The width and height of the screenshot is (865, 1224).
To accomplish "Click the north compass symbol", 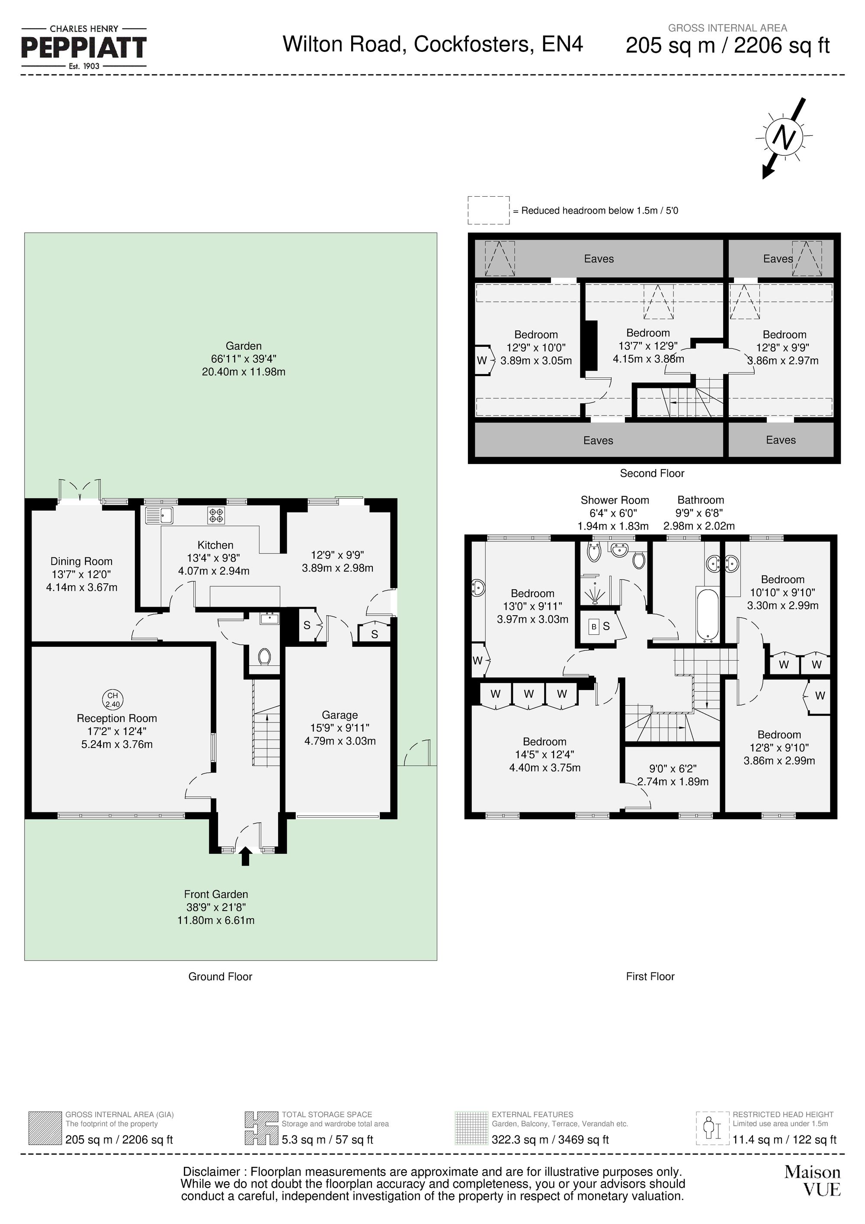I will (x=783, y=138).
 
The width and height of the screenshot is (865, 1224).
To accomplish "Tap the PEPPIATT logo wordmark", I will (x=84, y=48).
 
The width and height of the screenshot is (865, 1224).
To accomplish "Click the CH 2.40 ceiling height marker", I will (x=112, y=699).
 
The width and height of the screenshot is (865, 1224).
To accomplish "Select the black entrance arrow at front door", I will (x=245, y=856).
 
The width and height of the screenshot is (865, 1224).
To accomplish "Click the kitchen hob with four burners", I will (x=216, y=515).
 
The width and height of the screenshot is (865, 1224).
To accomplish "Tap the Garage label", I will (x=340, y=715).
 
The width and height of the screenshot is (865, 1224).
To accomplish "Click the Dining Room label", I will (x=82, y=561).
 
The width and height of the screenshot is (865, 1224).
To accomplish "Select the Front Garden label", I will (x=216, y=894).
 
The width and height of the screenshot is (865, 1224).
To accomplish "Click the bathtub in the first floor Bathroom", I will (x=708, y=615).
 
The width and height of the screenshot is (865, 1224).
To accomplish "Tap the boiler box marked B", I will (x=593, y=627).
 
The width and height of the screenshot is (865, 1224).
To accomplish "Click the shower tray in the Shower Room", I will (x=595, y=592).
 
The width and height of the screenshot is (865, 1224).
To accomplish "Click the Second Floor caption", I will (x=652, y=473).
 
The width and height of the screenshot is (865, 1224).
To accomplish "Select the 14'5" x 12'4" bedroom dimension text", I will (x=544, y=754).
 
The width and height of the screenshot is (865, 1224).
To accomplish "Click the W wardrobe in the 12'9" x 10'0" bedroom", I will (x=482, y=361).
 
